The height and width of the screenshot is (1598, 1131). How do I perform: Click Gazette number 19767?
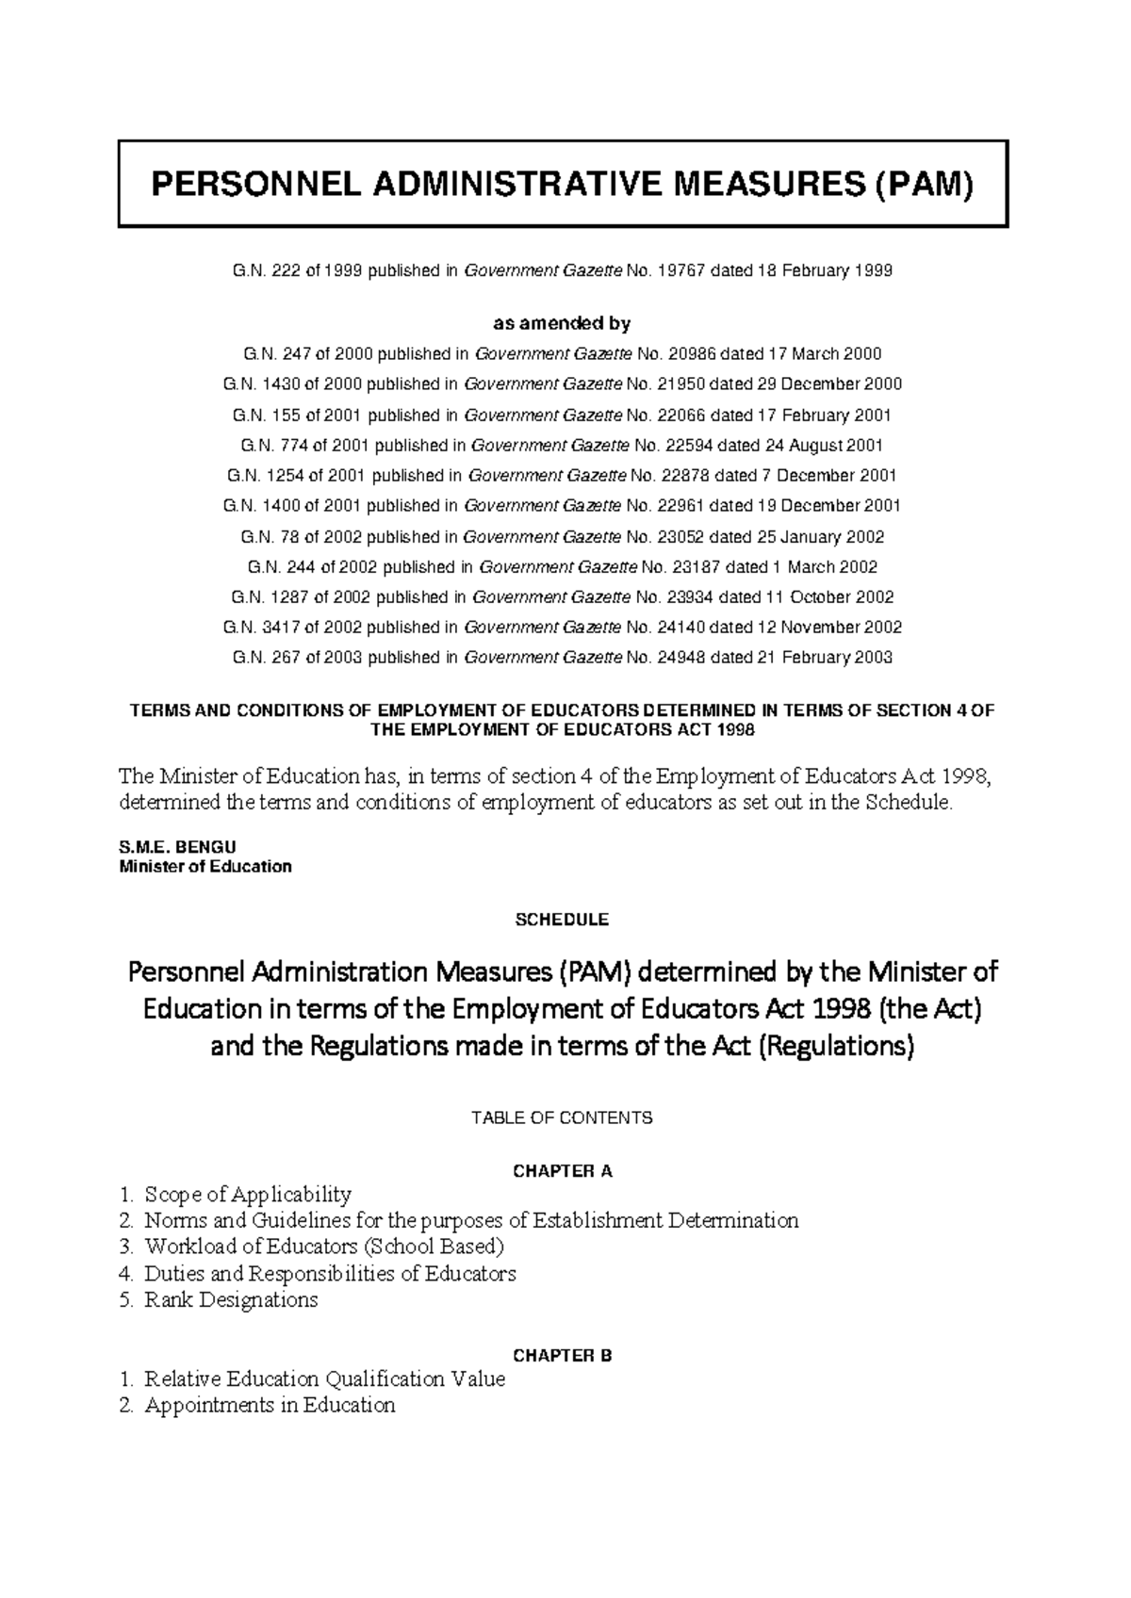(x=680, y=271)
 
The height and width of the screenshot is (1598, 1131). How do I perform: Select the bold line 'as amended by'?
(x=562, y=324)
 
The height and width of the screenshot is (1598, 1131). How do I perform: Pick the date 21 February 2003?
(x=824, y=658)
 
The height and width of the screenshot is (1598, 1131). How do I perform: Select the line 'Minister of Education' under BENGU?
(x=205, y=867)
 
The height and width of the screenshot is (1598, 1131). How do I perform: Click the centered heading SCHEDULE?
(x=562, y=920)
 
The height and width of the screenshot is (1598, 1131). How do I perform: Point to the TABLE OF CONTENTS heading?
(x=562, y=1118)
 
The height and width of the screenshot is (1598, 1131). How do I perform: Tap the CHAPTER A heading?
(x=562, y=1172)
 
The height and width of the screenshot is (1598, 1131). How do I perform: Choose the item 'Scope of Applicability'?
(x=247, y=1195)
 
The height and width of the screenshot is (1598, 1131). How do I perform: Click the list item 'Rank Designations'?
(x=231, y=1300)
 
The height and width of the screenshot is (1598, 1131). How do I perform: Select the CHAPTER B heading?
(x=562, y=1356)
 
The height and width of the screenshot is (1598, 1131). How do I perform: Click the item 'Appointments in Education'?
(x=270, y=1406)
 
